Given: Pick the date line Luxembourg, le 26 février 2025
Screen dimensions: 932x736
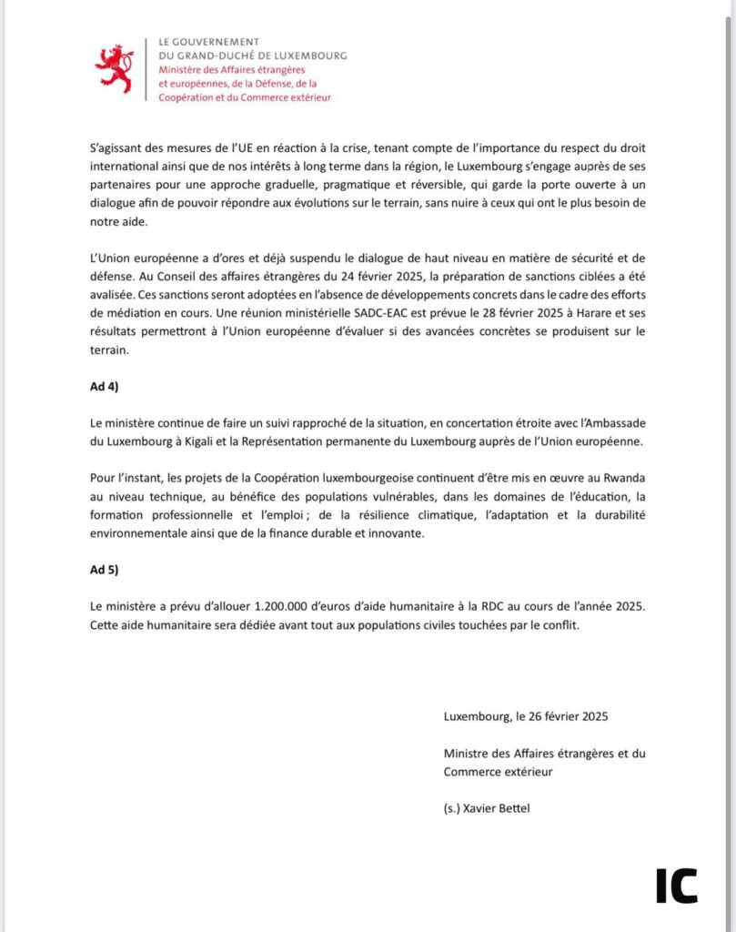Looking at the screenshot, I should pyautogui.click(x=526, y=715).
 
